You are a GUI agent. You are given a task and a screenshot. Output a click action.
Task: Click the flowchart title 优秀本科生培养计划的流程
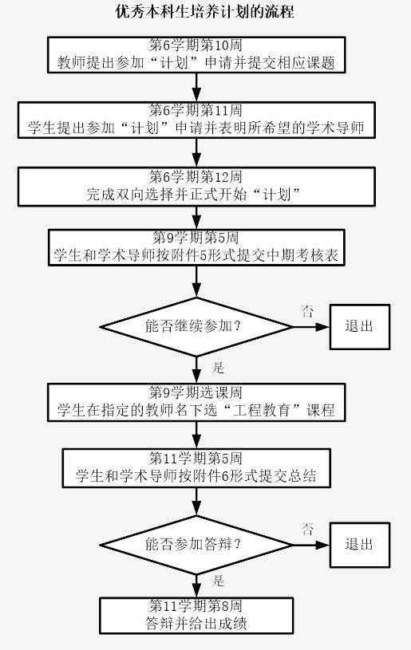click(205, 11)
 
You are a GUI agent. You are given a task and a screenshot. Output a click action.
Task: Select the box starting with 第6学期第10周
click(196, 55)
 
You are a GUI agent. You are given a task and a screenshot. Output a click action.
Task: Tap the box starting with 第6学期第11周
click(196, 120)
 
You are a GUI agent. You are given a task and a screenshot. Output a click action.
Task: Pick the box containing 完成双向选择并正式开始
click(196, 187)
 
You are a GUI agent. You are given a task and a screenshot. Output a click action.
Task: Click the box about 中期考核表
click(196, 247)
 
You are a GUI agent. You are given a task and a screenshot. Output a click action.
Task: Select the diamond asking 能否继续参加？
click(196, 327)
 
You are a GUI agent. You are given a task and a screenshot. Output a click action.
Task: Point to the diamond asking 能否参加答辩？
click(196, 545)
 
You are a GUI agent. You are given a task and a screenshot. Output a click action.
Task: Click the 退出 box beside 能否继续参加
click(360, 327)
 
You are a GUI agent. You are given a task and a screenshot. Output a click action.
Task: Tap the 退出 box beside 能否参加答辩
click(360, 545)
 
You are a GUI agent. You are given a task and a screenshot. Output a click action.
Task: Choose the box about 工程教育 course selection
click(196, 403)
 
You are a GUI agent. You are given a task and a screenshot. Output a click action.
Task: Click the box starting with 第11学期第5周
click(196, 468)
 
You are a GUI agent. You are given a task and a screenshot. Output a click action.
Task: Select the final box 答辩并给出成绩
click(196, 616)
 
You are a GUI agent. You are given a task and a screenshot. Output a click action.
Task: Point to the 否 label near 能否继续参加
click(307, 311)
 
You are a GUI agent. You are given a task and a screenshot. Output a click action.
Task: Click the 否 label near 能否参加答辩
click(307, 530)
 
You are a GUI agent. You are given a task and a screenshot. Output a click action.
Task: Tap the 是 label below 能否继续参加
click(218, 368)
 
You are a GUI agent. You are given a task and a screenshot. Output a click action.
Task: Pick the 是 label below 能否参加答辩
click(218, 581)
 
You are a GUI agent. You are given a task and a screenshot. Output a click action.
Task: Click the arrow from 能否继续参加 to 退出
click(311, 327)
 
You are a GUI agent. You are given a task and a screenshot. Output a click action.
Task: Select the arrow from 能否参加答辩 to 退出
click(311, 545)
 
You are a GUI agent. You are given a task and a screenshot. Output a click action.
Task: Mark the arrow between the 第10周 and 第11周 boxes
click(196, 88)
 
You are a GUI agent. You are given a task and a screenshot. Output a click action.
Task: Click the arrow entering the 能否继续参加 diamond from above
click(196, 282)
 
